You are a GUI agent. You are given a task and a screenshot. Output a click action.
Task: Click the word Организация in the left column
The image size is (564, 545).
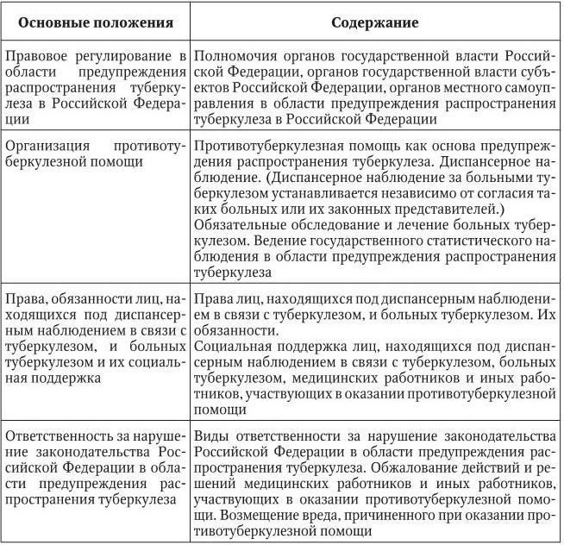click(46, 146)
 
